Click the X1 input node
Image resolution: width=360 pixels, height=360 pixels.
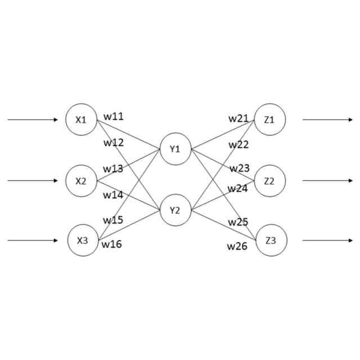click(x=82, y=120)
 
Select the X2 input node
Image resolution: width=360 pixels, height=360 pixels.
click(x=82, y=181)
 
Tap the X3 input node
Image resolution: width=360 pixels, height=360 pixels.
click(x=83, y=241)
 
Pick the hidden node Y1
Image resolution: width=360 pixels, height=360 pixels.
click(x=175, y=149)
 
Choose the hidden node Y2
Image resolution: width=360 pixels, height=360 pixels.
click(x=175, y=210)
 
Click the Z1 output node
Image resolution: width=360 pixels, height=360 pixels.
click(x=269, y=119)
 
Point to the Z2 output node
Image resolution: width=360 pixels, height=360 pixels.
click(x=270, y=181)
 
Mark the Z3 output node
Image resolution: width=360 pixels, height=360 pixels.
click(x=271, y=241)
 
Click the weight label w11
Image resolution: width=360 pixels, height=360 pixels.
click(x=114, y=116)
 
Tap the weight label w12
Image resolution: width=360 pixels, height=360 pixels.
click(x=114, y=142)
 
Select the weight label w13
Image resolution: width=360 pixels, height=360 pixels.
click(x=112, y=169)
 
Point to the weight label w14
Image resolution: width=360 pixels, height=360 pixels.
click(x=112, y=195)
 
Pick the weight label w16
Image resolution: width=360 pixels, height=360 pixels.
click(x=111, y=244)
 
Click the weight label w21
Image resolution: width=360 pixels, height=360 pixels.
click(x=238, y=118)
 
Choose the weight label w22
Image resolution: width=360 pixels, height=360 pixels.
click(x=238, y=145)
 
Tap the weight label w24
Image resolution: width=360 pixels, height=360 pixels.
click(x=237, y=188)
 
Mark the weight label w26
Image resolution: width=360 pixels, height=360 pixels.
click(x=237, y=246)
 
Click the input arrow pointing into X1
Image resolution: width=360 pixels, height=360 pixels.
click(x=33, y=120)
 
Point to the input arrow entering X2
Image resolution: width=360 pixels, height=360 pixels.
click(x=33, y=181)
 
